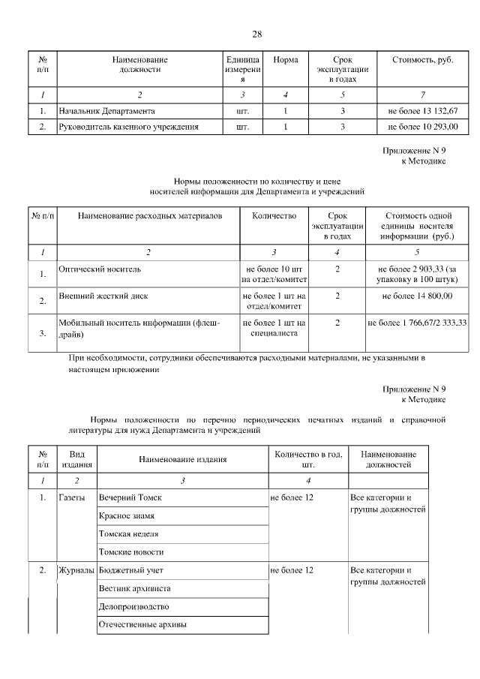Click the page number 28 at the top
[256, 35]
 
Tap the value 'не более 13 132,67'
[423, 110]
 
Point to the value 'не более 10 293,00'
[423, 127]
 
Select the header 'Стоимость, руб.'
[423, 59]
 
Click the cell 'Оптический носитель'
[100, 267]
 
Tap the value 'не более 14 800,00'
[417, 296]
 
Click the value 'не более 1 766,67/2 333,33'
[417, 323]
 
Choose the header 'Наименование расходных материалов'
[140, 216]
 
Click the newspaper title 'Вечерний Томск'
[130, 497]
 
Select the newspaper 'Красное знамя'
[128, 515]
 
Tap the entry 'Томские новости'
[131, 551]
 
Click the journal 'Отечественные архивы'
[142, 624]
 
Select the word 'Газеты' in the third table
[72, 497]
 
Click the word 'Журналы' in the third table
[76, 570]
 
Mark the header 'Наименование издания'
[183, 459]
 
